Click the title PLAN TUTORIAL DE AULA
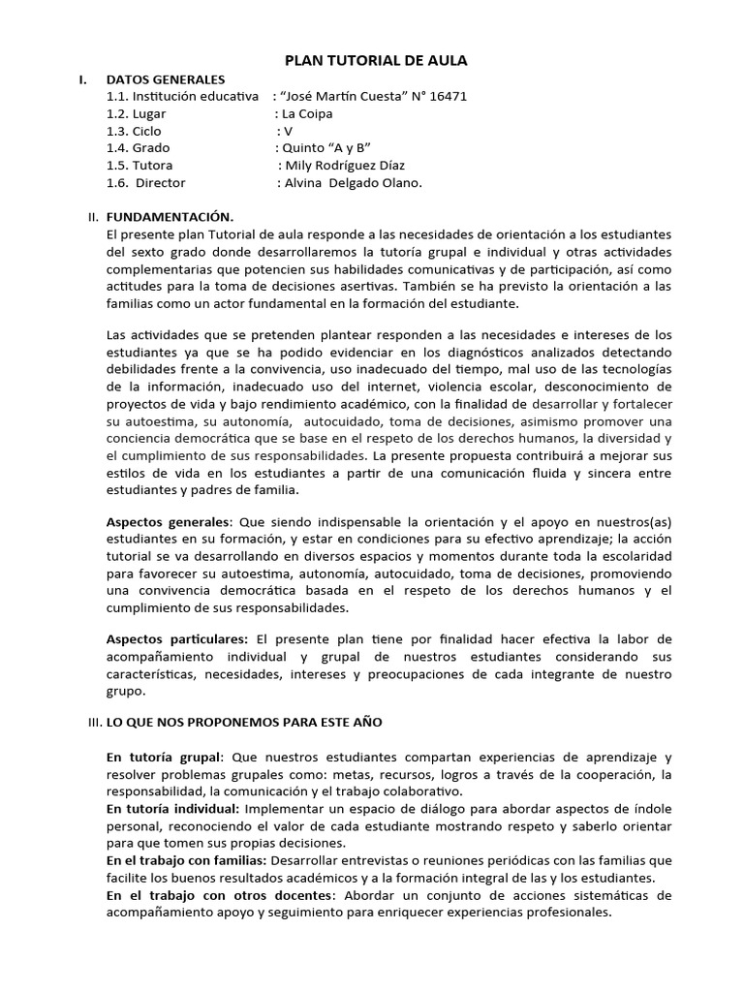(x=375, y=60)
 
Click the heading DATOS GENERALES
(x=166, y=78)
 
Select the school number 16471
(x=447, y=96)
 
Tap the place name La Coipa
(x=307, y=113)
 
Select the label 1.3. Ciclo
(x=135, y=131)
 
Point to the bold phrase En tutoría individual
(x=172, y=808)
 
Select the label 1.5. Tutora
(x=139, y=166)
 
